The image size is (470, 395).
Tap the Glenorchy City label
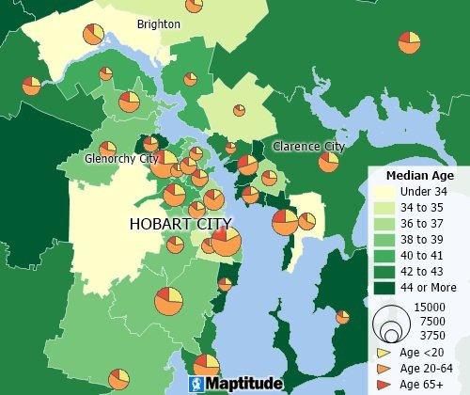(121, 159)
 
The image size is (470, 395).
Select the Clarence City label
(308, 147)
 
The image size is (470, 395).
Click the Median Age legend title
(420, 176)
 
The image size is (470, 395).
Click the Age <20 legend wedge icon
(384, 352)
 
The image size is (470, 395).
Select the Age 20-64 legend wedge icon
(384, 368)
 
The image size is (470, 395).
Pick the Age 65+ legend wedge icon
(384, 384)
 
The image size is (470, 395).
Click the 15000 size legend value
(431, 308)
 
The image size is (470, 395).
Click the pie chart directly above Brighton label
(195, 6)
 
